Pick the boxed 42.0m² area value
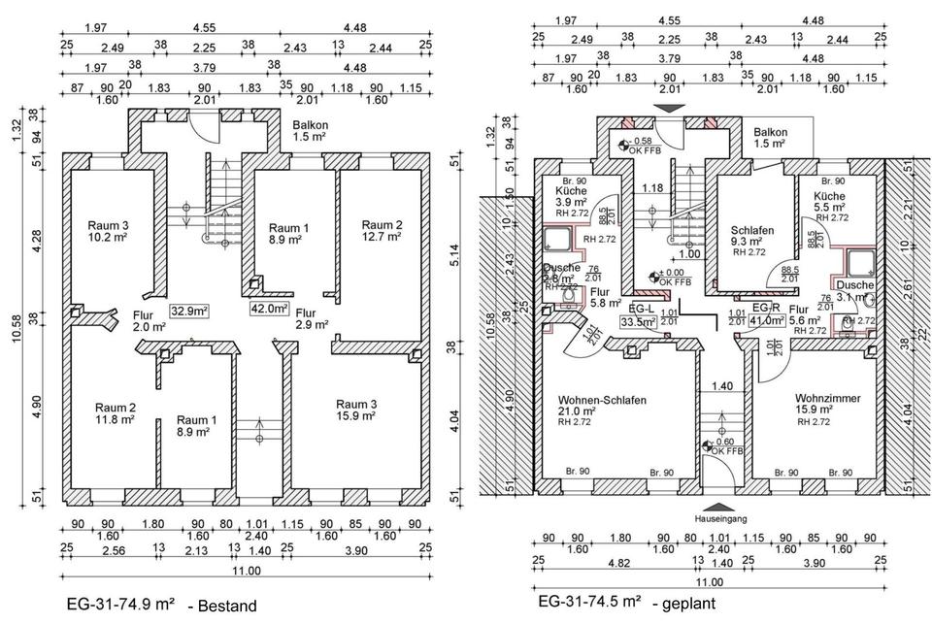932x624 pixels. coord(271,310)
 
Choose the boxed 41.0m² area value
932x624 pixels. coord(762,319)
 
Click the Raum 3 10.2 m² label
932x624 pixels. coord(108,230)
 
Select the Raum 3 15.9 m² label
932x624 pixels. coord(358,409)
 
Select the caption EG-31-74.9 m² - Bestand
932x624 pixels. coord(160,606)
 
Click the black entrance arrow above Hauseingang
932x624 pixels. coord(717,506)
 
